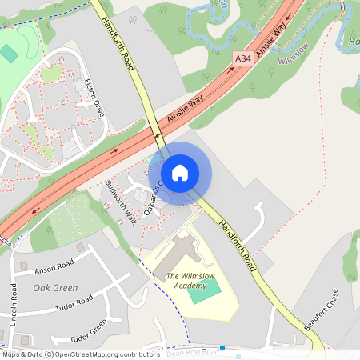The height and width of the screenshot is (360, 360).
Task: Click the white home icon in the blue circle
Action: (x=180, y=172)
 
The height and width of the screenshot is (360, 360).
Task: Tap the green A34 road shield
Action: (x=242, y=58)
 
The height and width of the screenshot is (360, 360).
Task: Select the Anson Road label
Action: (x=54, y=266)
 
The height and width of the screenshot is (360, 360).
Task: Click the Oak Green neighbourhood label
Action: (x=55, y=287)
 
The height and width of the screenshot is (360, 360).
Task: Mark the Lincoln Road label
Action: (x=14, y=302)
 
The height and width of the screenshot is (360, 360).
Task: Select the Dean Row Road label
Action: (x=192, y=351)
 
